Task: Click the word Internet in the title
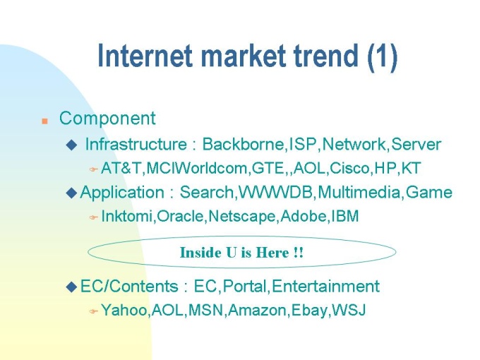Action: tap(145, 56)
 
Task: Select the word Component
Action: tap(107, 119)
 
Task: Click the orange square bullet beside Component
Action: tap(44, 121)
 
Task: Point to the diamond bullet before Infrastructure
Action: tap(71, 145)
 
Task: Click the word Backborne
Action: tap(243, 144)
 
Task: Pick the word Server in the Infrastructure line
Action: tap(416, 144)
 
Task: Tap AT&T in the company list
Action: tap(121, 168)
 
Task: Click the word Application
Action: tap(122, 193)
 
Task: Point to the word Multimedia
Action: tap(359, 192)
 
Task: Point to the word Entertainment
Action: tap(325, 287)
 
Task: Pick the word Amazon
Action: tap(258, 310)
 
